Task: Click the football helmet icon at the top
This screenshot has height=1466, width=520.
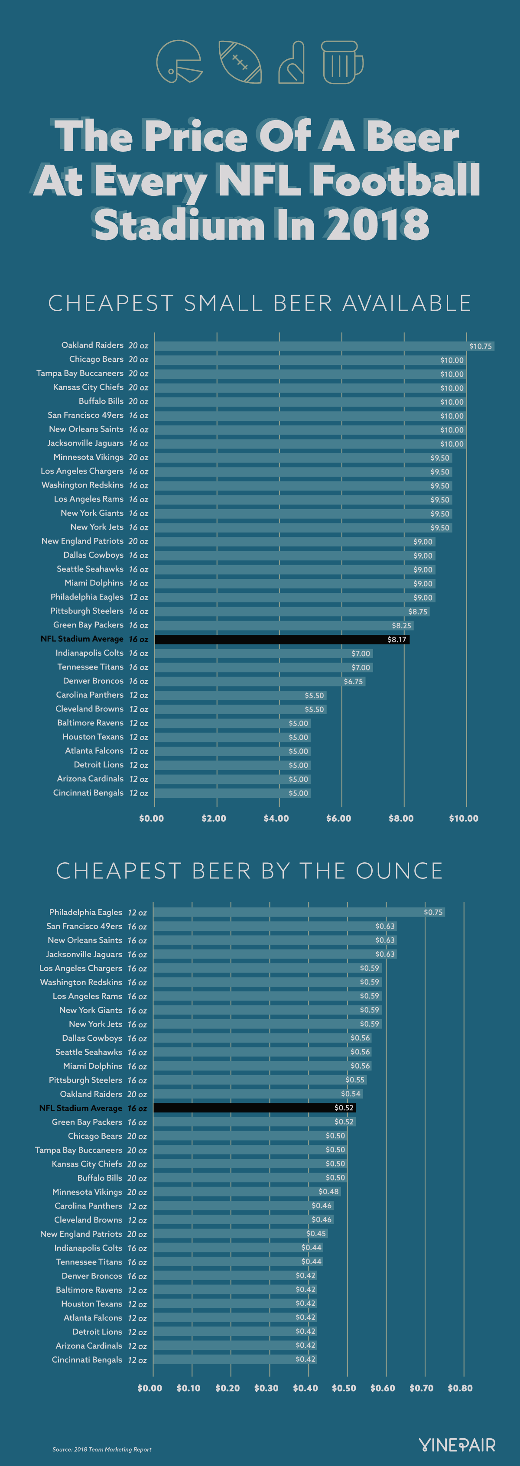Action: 179,62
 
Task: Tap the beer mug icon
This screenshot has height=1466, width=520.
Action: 341,62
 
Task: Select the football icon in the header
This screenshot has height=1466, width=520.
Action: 240,62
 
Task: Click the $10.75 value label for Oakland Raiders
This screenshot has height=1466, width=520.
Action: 480,346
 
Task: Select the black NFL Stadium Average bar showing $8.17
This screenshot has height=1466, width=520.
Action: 282,640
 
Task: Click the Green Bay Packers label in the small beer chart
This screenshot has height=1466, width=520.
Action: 88,625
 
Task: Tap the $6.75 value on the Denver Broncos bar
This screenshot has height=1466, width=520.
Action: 353,682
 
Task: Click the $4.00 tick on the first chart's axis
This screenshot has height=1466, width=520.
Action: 276,818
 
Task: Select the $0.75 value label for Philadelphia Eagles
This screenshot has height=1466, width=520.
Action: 433,912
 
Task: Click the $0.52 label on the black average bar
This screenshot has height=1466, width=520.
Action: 344,1108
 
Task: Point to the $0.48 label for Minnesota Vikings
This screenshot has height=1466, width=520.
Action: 328,1192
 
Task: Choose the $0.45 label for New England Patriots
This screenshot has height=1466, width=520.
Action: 316,1234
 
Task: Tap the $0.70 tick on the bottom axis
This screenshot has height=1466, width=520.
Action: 422,1388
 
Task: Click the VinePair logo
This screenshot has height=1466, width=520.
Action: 457,1445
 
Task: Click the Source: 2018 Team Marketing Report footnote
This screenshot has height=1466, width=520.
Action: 102,1450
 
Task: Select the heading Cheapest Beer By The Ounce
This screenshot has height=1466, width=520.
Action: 249,871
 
